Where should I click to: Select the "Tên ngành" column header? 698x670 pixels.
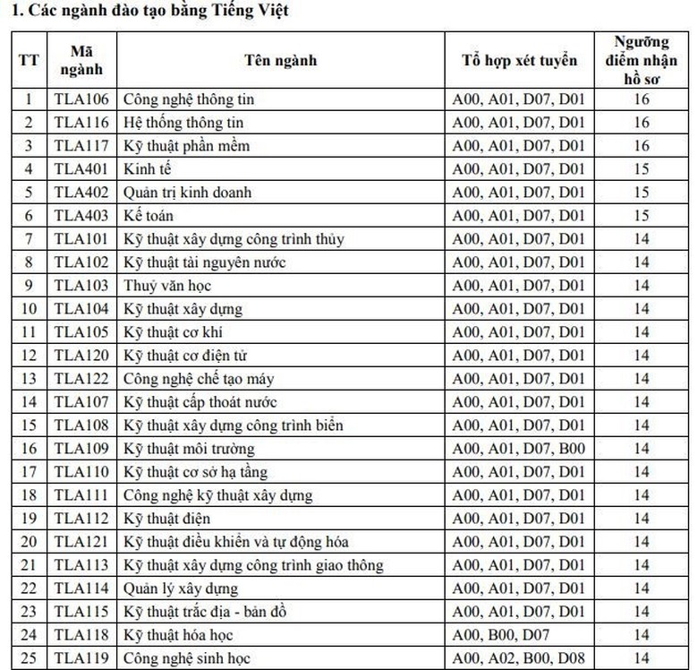pos(280,61)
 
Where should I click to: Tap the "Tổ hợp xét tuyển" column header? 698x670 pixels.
pos(519,61)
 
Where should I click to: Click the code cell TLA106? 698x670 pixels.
pos(81,99)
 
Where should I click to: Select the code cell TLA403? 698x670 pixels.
pos(81,216)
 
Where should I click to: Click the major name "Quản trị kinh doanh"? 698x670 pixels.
pos(187,193)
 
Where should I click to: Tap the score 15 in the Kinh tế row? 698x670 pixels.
pos(641,169)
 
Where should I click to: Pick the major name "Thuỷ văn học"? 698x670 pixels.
pos(162,286)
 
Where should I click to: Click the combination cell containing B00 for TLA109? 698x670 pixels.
pos(519,449)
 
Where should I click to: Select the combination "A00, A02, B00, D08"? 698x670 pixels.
pos(519,658)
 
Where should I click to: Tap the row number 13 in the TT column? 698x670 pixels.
pos(29,379)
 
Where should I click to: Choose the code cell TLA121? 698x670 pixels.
pos(81,542)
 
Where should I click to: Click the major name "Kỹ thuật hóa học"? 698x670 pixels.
pos(179,635)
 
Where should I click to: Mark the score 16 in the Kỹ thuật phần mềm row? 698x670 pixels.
pos(641,146)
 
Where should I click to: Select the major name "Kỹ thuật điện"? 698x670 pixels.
pos(167,519)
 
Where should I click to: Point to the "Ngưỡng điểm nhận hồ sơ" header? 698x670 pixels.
pos(641,61)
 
